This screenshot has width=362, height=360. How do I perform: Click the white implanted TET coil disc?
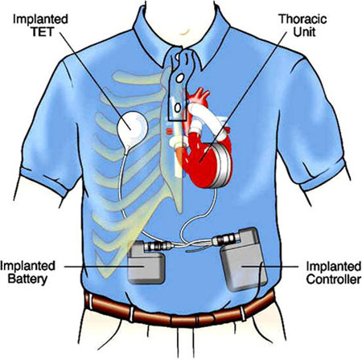click(133, 128)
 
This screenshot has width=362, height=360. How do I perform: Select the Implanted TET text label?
click(41, 25)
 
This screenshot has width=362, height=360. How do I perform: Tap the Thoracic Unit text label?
click(303, 25)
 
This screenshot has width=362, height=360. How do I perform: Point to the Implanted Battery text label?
click(27, 272)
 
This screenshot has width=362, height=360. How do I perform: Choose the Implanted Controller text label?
click(334, 272)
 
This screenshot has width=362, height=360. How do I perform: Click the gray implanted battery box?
click(146, 263)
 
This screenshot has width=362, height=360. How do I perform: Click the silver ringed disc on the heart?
click(219, 166)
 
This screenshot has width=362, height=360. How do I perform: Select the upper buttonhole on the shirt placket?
click(179, 78)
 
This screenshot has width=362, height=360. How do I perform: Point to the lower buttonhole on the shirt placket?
click(177, 108)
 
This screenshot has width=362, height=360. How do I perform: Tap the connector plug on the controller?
click(226, 239)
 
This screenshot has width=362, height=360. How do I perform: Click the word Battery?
click(27, 279)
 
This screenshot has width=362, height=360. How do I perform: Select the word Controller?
click(334, 279)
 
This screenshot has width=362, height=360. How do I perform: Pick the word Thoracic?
click(303, 19)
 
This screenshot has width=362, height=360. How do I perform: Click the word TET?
click(43, 31)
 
